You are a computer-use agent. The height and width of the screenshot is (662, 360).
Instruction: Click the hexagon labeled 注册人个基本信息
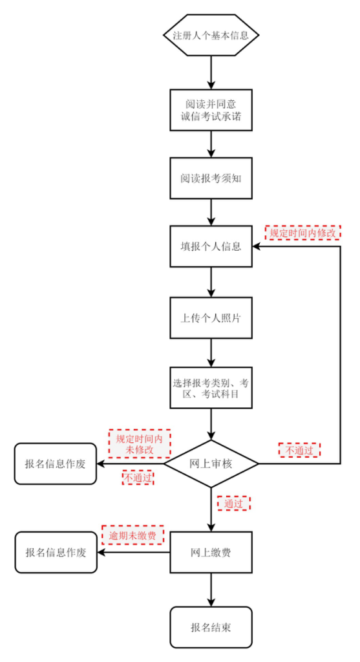(211, 36)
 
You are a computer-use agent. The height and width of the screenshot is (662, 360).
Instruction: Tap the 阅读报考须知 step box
(211, 178)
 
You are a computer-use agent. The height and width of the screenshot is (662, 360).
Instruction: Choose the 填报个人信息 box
(211, 246)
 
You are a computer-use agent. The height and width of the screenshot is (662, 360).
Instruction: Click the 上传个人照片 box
(211, 318)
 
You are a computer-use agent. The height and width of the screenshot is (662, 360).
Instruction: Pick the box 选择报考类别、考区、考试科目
(211, 388)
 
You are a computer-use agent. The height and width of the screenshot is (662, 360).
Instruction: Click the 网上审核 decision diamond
(211, 464)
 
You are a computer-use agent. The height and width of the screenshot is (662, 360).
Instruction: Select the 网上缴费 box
(211, 553)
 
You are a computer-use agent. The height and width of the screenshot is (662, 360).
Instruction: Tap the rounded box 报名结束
(211, 627)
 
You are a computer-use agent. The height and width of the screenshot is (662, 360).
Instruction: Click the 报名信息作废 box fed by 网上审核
(55, 464)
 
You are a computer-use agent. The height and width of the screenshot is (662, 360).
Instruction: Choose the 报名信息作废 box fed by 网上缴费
(56, 553)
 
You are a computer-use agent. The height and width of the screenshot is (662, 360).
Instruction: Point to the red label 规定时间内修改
(302, 232)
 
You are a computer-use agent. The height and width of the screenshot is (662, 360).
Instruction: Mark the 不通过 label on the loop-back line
(299, 449)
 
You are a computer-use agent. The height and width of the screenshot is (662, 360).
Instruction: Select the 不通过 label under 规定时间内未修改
(137, 478)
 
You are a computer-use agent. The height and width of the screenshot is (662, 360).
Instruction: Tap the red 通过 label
(233, 502)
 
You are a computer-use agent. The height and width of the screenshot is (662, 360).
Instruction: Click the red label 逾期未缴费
(132, 535)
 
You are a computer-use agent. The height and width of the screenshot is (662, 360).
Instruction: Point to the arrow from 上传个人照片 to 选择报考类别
(211, 354)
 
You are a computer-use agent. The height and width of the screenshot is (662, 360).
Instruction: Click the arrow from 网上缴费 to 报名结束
(211, 590)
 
